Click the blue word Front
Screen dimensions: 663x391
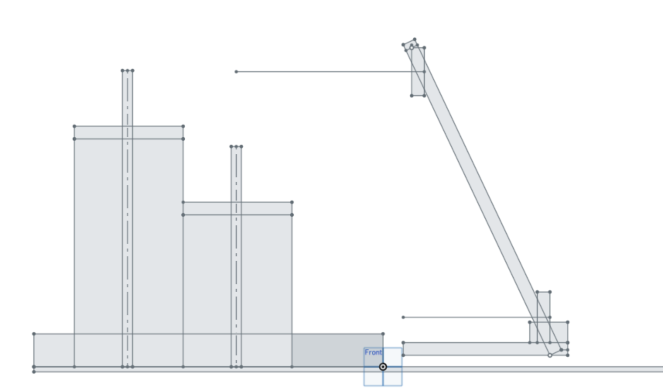[x=373, y=353]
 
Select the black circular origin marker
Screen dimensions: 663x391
[x=383, y=367]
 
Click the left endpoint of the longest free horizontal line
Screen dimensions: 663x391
[x=236, y=72]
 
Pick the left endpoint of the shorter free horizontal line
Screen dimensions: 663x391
[x=403, y=317]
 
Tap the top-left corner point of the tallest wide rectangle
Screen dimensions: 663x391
[x=74, y=126]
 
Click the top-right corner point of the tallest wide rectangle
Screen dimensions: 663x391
[x=183, y=126]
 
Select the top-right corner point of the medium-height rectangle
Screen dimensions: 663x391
[x=292, y=202]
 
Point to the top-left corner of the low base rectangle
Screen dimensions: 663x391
[x=34, y=334]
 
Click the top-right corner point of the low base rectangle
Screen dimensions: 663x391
[x=383, y=334]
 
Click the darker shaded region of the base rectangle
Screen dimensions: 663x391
[x=328, y=350]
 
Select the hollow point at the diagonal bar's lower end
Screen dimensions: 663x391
[x=550, y=355]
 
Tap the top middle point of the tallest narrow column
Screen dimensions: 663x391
[x=128, y=70]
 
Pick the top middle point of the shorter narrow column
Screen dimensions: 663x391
[x=236, y=147]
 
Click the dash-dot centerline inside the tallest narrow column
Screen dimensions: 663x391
[x=128, y=219]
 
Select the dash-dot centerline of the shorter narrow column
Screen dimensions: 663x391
[x=236, y=257]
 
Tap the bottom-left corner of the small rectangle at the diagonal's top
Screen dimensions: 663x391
[x=412, y=96]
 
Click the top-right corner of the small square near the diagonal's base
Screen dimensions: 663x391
[x=568, y=322]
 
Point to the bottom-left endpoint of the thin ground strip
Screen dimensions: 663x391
[x=34, y=372]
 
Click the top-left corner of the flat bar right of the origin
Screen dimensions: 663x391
[x=403, y=343]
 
